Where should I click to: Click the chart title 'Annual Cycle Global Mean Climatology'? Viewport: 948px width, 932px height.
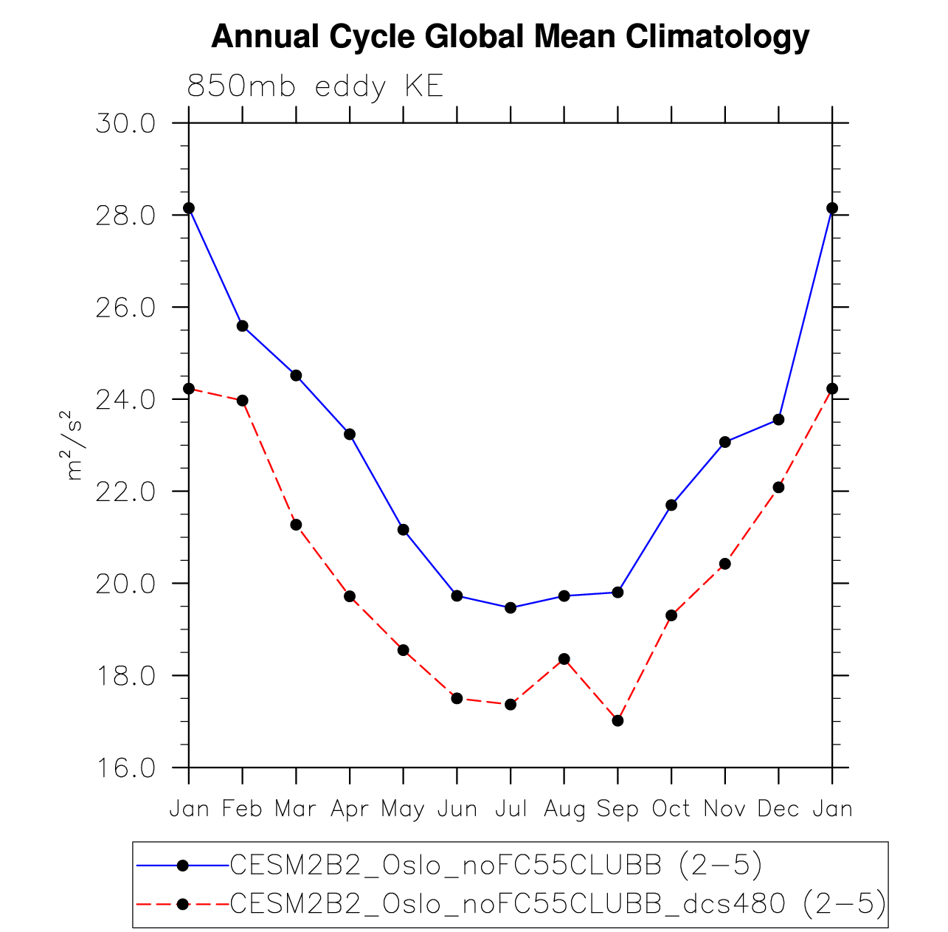[x=510, y=36]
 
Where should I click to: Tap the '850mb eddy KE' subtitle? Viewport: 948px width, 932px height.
[x=315, y=87]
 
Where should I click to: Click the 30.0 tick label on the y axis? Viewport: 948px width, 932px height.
[x=125, y=123]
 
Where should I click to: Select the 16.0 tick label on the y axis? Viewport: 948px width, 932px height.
[x=125, y=768]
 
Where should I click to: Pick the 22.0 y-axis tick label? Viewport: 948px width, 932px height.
[x=125, y=491]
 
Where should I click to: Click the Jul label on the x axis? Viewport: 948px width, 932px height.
[x=511, y=809]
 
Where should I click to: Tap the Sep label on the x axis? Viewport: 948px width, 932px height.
[x=617, y=809]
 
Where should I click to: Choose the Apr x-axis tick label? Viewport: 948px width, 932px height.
[x=350, y=809]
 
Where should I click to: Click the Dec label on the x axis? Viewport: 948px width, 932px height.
[x=778, y=809]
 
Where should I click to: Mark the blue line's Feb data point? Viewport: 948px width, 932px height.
[x=243, y=325]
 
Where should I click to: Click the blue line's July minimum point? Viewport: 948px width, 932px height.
[x=511, y=607]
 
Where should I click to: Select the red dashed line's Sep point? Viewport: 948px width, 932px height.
[x=617, y=720]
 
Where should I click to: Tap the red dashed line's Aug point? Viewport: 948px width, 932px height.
[x=564, y=658]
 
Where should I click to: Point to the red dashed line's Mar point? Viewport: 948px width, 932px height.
[x=296, y=525]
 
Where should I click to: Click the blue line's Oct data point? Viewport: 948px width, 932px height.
[x=671, y=505]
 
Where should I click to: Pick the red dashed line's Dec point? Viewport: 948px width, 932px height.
[x=778, y=487]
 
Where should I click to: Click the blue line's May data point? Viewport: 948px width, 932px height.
[x=403, y=529]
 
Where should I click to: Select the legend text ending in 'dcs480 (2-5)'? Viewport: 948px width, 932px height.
[x=558, y=903]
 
